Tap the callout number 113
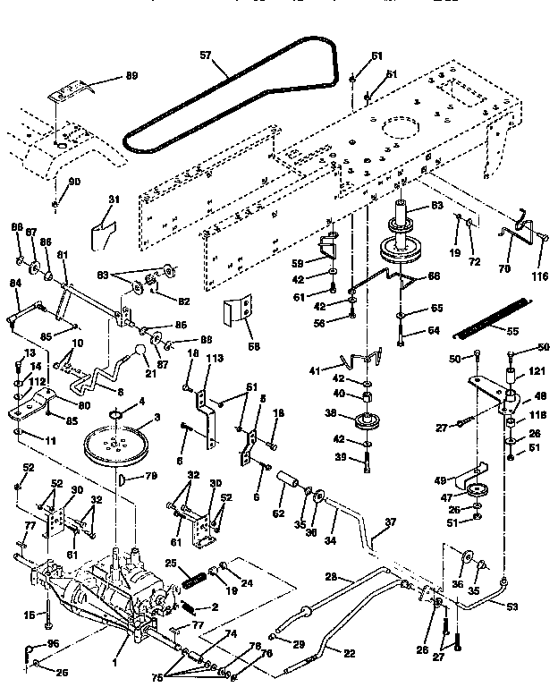click(214, 359)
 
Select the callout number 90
click(74, 182)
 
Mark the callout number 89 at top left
click(131, 76)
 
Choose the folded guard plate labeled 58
click(237, 316)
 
